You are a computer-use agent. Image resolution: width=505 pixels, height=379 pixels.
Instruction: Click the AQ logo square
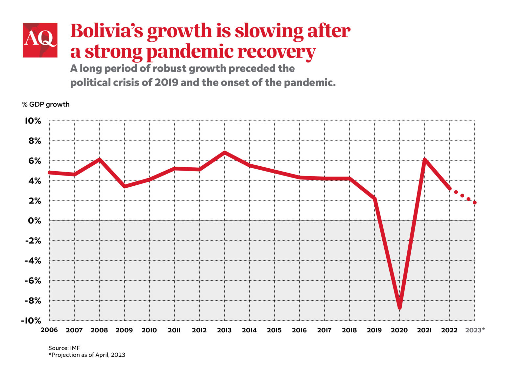pos(40,40)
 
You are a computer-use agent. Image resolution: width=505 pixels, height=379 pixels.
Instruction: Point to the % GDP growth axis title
pos(46,105)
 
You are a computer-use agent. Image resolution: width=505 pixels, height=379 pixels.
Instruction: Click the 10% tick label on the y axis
pos(33,121)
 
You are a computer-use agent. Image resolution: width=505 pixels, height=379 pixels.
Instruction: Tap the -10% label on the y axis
pos(31,320)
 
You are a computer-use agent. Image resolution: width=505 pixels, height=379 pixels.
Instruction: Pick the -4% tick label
pos(33,261)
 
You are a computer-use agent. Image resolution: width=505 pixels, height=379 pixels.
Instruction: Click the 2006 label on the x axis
pos(49,330)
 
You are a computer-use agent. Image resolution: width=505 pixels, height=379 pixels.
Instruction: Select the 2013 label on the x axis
pos(224,330)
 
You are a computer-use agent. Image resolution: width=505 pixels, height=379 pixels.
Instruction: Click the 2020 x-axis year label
pos(399,330)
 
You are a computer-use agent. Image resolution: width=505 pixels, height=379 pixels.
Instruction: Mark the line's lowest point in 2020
pos(399,307)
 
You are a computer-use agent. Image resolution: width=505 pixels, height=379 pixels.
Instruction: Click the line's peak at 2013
pos(225,153)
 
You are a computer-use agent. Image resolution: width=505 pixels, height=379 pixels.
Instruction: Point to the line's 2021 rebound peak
pos(424,160)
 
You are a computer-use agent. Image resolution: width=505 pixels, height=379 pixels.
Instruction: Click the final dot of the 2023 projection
pos(474,202)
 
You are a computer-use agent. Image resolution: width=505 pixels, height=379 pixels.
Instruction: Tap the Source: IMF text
pos(64,348)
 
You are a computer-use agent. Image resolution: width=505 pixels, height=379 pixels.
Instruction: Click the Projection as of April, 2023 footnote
pos(87,355)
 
